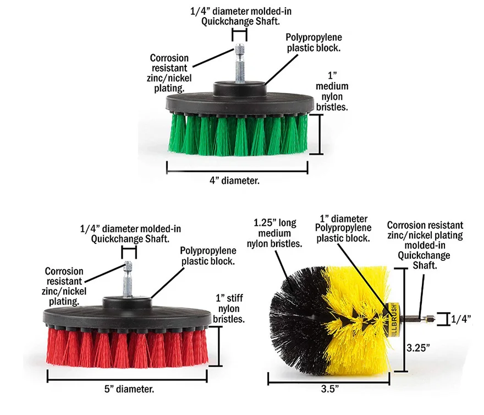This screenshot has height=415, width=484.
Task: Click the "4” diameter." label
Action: (236, 179)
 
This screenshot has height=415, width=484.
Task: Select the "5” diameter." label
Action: (129, 389)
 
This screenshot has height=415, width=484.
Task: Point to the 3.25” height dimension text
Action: (418, 348)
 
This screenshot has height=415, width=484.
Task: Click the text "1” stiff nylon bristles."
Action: (229, 309)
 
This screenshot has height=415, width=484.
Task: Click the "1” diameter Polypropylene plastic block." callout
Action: (343, 228)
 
